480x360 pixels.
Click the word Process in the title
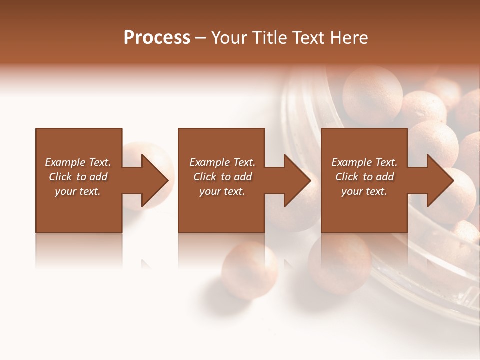(x=157, y=38)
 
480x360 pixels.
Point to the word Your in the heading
(x=230, y=38)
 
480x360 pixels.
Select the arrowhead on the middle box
(x=296, y=180)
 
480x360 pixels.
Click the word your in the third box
(x=352, y=191)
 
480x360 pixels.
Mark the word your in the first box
(x=66, y=191)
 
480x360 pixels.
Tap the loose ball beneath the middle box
(x=250, y=270)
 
